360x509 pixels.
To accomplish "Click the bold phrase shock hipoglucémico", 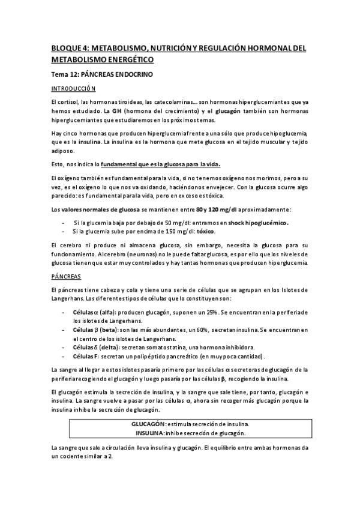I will tap(258, 222).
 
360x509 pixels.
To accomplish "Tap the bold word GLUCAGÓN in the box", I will tap(149, 424).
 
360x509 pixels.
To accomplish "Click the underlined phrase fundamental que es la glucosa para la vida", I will tap(161, 164).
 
